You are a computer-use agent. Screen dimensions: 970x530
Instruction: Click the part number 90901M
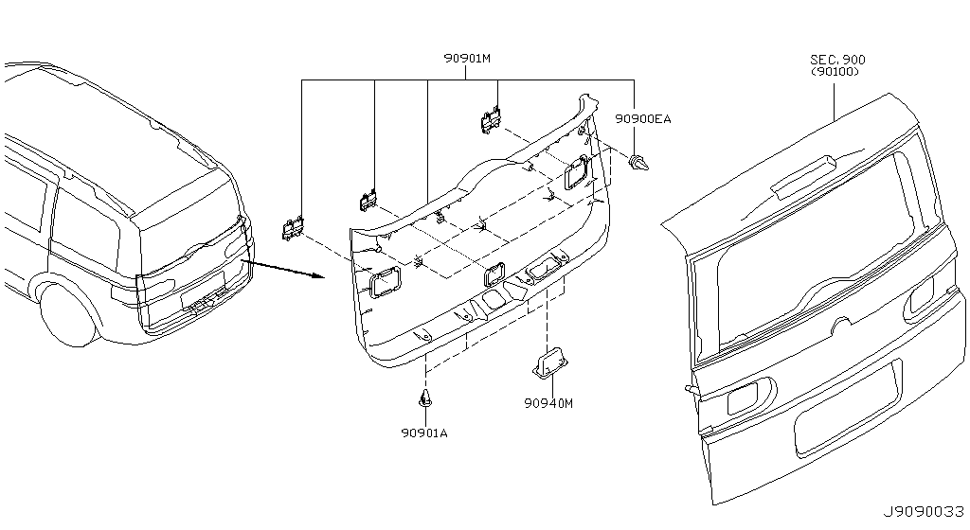(x=466, y=59)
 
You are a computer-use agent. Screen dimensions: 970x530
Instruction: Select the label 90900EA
(x=643, y=118)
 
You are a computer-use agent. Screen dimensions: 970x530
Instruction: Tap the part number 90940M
(x=548, y=403)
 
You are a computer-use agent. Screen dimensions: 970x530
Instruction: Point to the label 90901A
(x=423, y=433)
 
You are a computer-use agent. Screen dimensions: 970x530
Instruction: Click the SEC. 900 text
(x=837, y=60)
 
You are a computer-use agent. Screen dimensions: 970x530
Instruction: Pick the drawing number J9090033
(x=923, y=512)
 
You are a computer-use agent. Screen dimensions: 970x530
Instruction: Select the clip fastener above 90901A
(x=425, y=398)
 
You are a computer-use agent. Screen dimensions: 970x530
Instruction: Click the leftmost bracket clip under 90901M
(x=294, y=228)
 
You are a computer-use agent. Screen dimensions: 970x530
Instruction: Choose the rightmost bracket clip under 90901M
(x=492, y=119)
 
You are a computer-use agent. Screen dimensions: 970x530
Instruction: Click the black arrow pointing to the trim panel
(x=283, y=270)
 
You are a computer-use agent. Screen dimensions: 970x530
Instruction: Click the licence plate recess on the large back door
(x=848, y=410)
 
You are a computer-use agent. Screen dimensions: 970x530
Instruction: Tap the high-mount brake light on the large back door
(x=803, y=178)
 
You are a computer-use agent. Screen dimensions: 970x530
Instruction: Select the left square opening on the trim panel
(x=385, y=281)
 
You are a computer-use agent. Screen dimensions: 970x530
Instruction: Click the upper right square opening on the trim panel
(x=577, y=171)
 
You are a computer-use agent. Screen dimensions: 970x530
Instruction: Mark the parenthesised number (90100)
(x=835, y=72)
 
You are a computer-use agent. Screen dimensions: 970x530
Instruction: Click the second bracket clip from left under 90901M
(x=368, y=200)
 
